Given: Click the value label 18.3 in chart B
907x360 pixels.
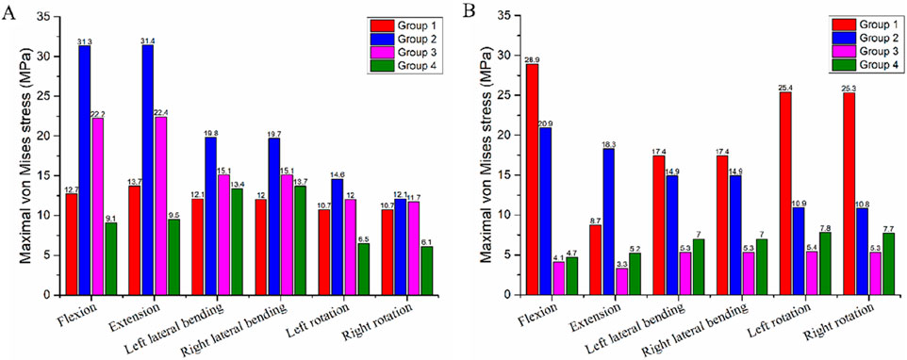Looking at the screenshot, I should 610,143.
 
